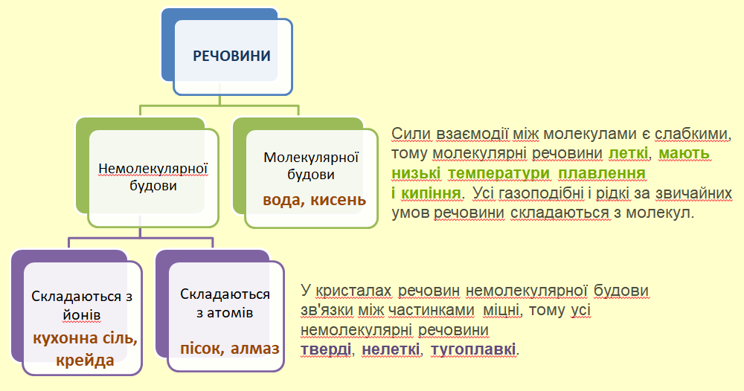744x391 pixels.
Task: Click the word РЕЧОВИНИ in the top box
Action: (x=231, y=56)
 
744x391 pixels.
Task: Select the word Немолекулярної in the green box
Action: (x=153, y=168)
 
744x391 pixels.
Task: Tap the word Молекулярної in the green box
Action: (x=312, y=158)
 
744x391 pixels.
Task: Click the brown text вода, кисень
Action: (x=314, y=199)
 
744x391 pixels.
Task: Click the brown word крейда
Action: (x=85, y=361)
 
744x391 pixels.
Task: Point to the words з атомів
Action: (x=225, y=313)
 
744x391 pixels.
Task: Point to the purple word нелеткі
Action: (x=391, y=349)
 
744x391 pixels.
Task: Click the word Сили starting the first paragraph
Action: (x=408, y=135)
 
